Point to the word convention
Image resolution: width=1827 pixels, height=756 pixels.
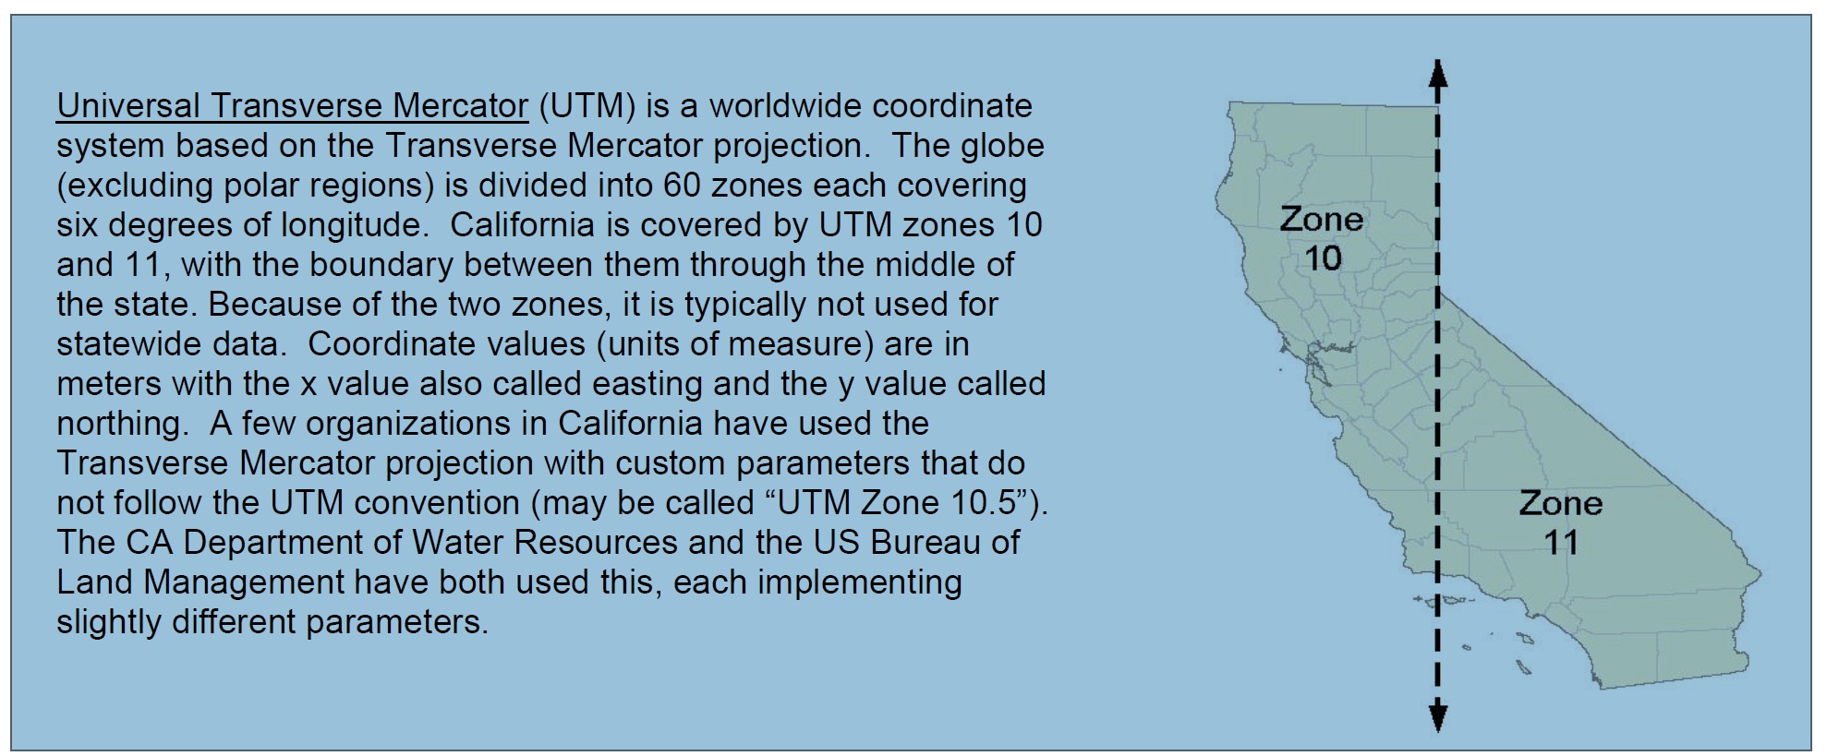pos(445,503)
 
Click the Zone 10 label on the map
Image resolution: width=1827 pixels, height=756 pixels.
pos(1322,238)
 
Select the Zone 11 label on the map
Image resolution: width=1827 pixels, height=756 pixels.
pos(1561,522)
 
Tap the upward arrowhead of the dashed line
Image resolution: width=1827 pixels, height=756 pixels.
pos(1438,73)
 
